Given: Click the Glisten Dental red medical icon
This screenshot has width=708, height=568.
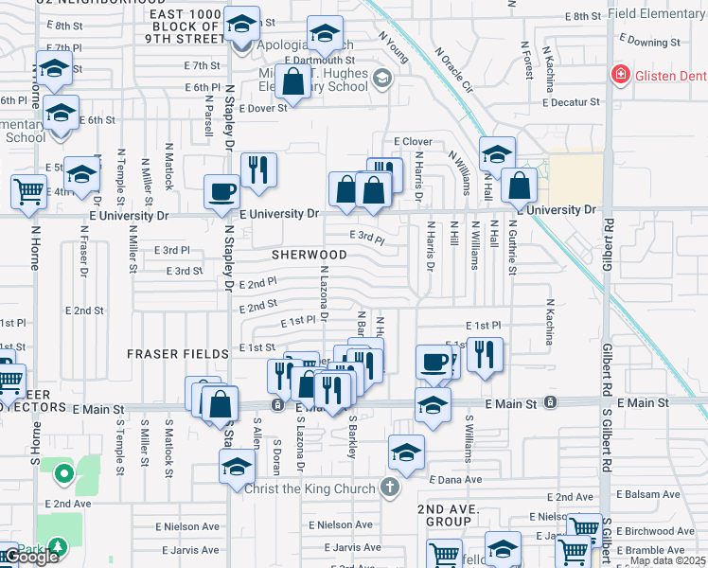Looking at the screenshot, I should tap(621, 75).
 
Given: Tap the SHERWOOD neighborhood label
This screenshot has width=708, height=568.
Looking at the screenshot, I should tap(310, 255).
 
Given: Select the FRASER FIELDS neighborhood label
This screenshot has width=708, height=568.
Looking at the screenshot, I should tap(179, 354).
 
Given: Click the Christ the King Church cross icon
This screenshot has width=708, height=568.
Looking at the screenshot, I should tap(388, 488).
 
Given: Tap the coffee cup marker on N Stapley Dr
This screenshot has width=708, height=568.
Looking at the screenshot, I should tap(222, 192).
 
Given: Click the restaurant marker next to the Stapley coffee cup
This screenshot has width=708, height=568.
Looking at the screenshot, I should tap(258, 170).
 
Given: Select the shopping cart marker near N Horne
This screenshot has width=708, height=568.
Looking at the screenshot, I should tap(29, 191).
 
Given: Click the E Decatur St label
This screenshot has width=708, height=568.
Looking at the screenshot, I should tap(571, 101).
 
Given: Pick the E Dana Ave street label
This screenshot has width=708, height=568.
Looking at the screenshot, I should tap(456, 480).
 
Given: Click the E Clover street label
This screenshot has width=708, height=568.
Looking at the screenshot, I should tap(412, 142).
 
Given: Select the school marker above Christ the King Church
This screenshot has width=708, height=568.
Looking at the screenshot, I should tap(406, 453).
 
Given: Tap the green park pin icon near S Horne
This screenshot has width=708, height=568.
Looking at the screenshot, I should tap(63, 472).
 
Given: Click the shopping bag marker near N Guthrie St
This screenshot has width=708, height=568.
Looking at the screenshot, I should tap(520, 186).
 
